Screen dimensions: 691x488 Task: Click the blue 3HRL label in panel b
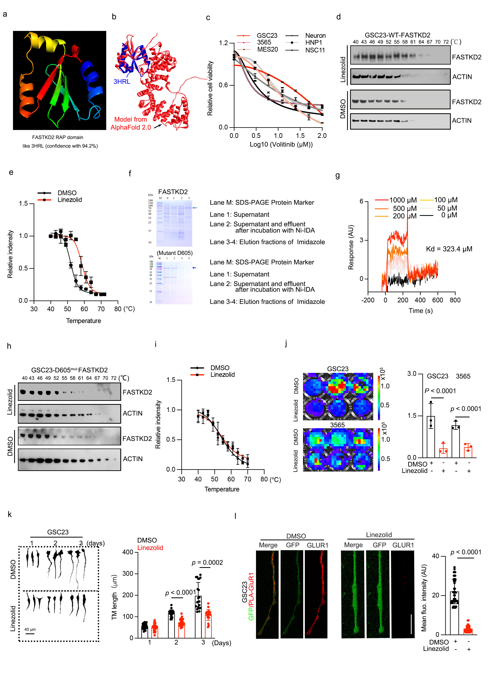[x=122, y=82]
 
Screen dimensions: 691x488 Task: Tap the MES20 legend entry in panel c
[x=267, y=49]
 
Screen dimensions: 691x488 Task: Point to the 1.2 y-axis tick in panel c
[x=223, y=43]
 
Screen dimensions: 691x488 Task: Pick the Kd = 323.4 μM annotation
[x=449, y=249]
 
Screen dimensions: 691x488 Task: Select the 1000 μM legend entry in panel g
[x=403, y=200]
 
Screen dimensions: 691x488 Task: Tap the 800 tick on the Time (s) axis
[x=455, y=300]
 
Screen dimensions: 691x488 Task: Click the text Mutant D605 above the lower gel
[x=175, y=253]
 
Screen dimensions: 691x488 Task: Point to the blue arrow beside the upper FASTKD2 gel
[x=195, y=208]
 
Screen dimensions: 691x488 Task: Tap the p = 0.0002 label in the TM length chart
[x=207, y=563]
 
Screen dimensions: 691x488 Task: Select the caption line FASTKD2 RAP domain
[x=58, y=137]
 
